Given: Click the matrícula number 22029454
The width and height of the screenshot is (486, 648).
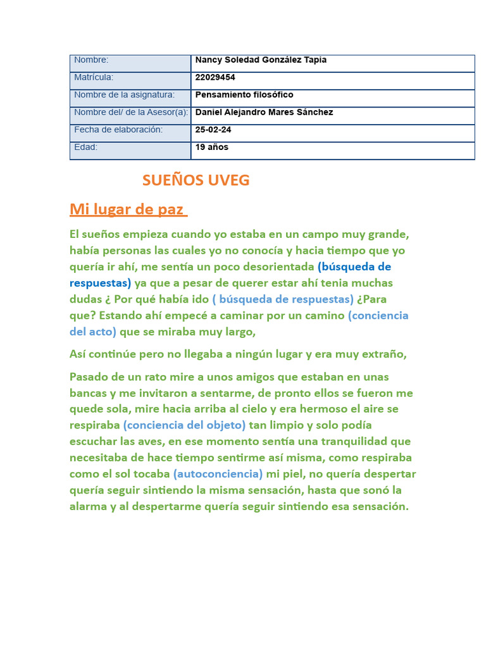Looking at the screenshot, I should (x=215, y=77).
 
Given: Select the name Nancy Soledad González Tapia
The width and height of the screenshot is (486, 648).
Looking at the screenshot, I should (x=261, y=60).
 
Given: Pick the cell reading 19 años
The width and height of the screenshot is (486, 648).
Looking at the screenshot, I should (x=212, y=147).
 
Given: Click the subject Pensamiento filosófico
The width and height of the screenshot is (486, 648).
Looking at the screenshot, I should (x=244, y=95).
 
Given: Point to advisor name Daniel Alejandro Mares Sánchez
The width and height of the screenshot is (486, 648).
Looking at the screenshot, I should (x=265, y=113).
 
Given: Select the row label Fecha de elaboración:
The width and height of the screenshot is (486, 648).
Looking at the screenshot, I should (x=118, y=130).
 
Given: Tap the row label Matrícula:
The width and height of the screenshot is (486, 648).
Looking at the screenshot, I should (x=94, y=77).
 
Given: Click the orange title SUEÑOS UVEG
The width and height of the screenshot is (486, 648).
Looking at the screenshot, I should (x=196, y=180).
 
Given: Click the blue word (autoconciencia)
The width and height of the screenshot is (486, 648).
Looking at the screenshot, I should (x=218, y=474).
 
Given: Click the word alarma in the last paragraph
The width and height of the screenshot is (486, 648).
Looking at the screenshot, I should (x=88, y=506).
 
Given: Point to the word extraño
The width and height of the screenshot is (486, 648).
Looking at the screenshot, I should (x=383, y=354).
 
